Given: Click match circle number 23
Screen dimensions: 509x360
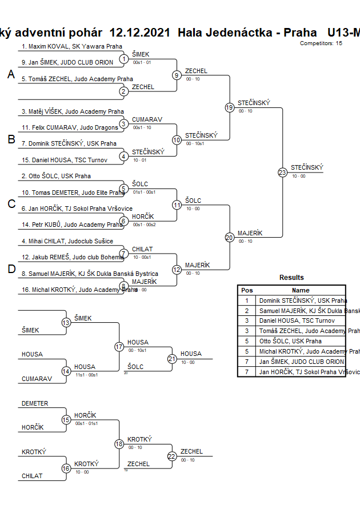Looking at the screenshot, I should tap(282, 173).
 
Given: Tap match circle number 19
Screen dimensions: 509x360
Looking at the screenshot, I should tap(229, 107).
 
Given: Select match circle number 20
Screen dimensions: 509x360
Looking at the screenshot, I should tap(229, 238).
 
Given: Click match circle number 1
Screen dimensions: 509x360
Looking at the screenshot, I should tap(123, 59).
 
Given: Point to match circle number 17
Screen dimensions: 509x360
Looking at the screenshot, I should tap(119, 347).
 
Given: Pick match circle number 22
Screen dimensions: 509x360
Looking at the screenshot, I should tap(172, 456).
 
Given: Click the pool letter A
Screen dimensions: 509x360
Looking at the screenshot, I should tap(11, 74).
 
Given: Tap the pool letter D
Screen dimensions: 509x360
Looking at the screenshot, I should tap(11, 270).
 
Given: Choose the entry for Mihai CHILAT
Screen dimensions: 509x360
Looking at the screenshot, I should tap(67, 242).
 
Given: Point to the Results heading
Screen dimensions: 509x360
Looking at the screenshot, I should tap(291, 278).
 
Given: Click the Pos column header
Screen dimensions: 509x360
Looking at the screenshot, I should tap(247, 290).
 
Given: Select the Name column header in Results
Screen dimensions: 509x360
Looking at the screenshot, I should tap(301, 290).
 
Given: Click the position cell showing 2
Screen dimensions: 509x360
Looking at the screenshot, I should tap(247, 311).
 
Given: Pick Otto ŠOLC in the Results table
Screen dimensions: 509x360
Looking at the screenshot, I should tap(290, 341).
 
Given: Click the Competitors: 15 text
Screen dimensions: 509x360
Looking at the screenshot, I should tap(321, 43).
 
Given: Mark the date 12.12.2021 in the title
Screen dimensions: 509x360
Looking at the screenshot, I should tap(139, 33).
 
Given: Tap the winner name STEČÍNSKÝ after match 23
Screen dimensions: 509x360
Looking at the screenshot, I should tap(307, 167).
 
